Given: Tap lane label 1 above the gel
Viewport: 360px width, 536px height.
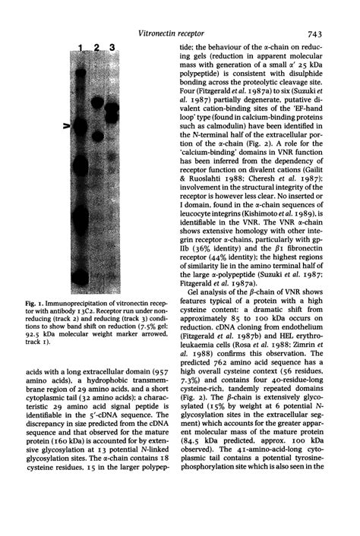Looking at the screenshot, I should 81,49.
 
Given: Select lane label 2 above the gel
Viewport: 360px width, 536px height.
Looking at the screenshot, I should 96,49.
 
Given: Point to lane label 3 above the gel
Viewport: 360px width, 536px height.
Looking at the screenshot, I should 112,49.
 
